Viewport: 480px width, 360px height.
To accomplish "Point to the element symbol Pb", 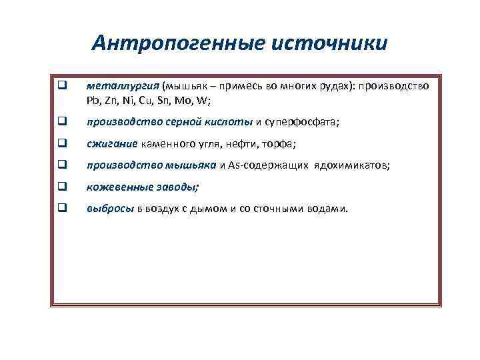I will click(92, 101).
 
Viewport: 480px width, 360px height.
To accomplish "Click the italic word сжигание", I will click(112, 144).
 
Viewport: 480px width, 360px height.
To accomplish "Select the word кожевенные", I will click(115, 187).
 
